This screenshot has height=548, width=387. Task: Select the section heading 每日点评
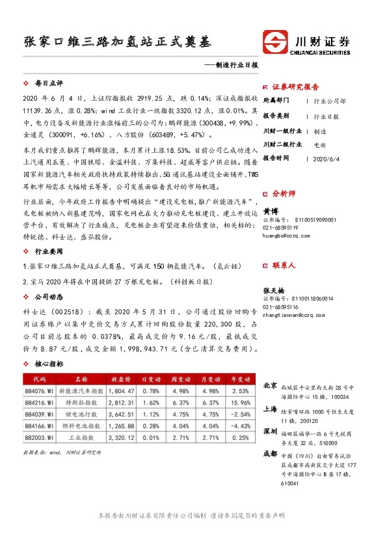(x=48, y=84)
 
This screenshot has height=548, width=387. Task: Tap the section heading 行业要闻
(x=48, y=251)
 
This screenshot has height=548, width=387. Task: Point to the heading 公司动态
(x=48, y=296)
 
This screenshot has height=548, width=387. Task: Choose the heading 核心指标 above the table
(x=48, y=364)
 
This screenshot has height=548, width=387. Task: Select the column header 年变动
(x=239, y=378)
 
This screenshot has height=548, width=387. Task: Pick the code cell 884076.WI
(x=38, y=390)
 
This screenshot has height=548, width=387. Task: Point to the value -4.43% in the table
(x=239, y=426)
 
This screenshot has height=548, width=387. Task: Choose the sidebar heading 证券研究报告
(x=295, y=87)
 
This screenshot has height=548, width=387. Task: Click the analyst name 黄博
(x=271, y=212)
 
